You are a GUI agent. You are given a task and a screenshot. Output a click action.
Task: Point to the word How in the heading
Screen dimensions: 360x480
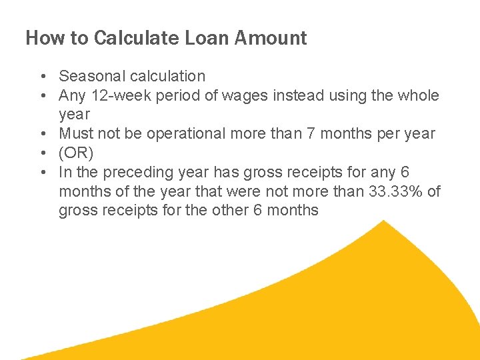[x=45, y=38]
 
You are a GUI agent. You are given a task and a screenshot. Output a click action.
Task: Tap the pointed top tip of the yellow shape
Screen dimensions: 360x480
[x=385, y=221]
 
